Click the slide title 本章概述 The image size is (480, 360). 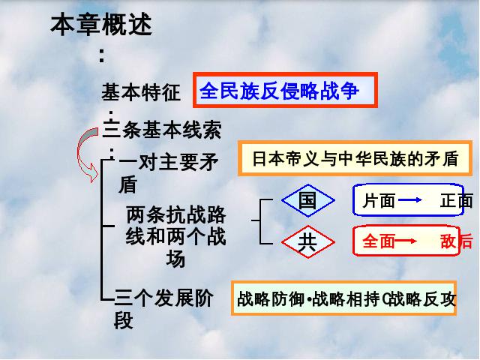point(101,24)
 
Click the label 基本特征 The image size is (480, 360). point(141,91)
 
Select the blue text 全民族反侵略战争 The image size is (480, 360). point(279,91)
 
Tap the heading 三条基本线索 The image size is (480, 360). point(162,130)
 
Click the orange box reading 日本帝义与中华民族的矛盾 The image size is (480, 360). point(355,158)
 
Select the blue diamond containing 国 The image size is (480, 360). point(308,200)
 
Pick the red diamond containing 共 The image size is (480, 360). point(308,241)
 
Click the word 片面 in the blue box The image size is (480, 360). point(379,201)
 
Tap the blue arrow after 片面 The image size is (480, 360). point(410,200)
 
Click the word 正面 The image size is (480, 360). point(457,201)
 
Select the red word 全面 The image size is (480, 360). point(379,241)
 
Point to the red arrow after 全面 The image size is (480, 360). point(406,241)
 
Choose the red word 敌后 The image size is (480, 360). point(457,241)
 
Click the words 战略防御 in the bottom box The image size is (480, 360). point(271,298)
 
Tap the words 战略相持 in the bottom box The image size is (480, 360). point(346,298)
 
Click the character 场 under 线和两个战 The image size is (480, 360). point(175,259)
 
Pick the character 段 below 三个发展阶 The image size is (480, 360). point(123,320)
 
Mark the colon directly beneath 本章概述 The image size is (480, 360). point(102,56)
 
